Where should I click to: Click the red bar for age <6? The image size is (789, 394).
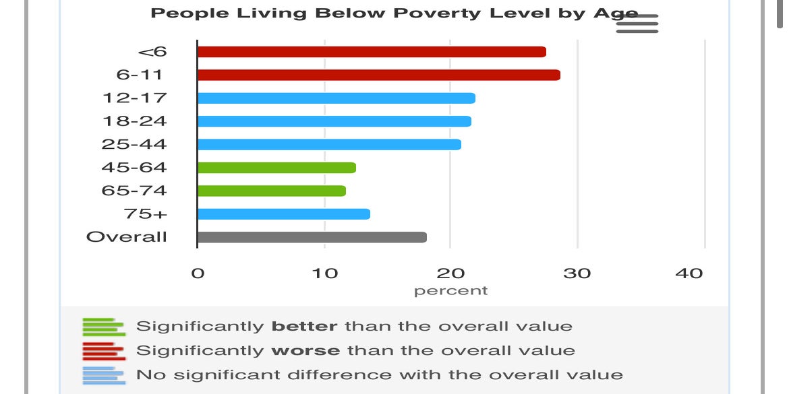[x=371, y=52]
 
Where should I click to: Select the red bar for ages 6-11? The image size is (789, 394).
[x=378, y=75]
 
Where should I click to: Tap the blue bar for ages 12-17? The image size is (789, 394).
[x=336, y=98]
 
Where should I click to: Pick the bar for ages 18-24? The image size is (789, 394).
[x=334, y=121]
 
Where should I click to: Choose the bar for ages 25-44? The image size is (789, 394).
[x=329, y=144]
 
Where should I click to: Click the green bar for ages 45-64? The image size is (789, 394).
[x=276, y=168]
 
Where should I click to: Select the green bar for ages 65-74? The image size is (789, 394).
[x=271, y=191]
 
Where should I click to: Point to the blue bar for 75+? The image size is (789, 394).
[x=283, y=214]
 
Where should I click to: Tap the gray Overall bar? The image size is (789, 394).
[x=312, y=237]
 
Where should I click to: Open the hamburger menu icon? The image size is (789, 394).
[x=637, y=24]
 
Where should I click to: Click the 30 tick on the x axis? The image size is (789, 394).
[x=577, y=273]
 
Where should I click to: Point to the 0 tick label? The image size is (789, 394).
[x=198, y=273]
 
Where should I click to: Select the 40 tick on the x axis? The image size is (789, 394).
[x=689, y=273]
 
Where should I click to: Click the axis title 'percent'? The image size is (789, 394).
[x=450, y=291]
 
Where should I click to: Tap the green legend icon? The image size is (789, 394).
[x=104, y=327]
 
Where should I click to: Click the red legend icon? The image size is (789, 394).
[x=104, y=351]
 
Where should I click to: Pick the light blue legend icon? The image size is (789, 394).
[x=104, y=375]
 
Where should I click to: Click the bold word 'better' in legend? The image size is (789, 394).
[x=304, y=327]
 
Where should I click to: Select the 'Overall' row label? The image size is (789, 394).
[x=127, y=237]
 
